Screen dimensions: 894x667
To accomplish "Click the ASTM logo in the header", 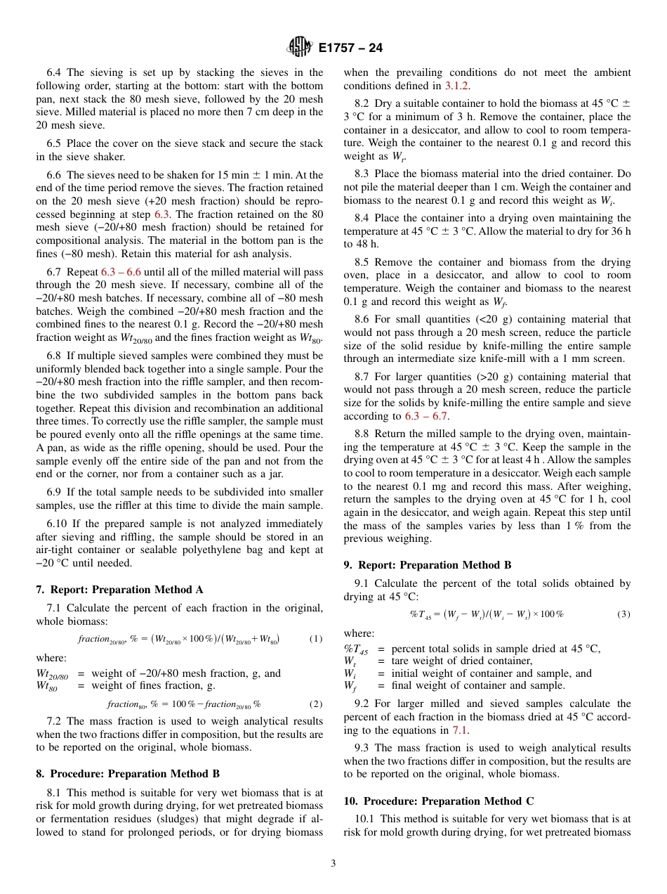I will pos(301,48).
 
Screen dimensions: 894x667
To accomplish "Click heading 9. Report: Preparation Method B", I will pos(428,565).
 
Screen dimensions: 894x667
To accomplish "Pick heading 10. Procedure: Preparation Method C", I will pos(439,801).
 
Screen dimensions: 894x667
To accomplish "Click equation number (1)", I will pos(315,639).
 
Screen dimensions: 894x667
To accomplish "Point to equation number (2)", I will pos(315,704).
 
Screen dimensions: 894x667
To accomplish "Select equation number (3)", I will pos(623,614).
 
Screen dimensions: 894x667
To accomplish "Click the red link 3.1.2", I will pos(457,86).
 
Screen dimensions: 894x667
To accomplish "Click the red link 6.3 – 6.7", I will pos(427,416).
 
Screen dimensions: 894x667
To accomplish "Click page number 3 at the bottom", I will pos(333,864).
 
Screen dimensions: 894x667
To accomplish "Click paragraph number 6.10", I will pos(58,524).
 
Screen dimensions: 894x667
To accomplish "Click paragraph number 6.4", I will pos(55,72).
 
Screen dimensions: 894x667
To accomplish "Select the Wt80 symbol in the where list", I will pos(48,687).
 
